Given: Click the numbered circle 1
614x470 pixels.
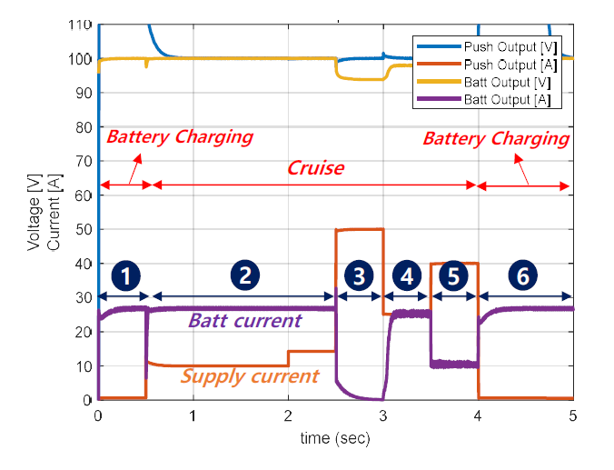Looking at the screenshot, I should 128,275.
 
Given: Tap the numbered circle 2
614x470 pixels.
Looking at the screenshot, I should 243,275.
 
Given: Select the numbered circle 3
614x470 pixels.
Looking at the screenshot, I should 360,275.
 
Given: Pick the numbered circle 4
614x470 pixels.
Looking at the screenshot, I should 407,275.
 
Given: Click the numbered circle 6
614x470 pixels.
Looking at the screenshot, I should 523,275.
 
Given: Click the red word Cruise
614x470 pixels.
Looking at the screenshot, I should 315,168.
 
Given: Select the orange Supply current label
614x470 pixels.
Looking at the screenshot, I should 251,375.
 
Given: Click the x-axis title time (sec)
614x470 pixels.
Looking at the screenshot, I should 335,438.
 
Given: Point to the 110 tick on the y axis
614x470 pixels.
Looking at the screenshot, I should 80,25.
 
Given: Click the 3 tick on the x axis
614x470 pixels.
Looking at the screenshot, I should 383,415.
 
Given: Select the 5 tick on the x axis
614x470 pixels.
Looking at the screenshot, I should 572,415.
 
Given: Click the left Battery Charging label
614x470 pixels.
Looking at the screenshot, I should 179,138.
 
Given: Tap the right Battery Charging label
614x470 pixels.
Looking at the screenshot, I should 496,139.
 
